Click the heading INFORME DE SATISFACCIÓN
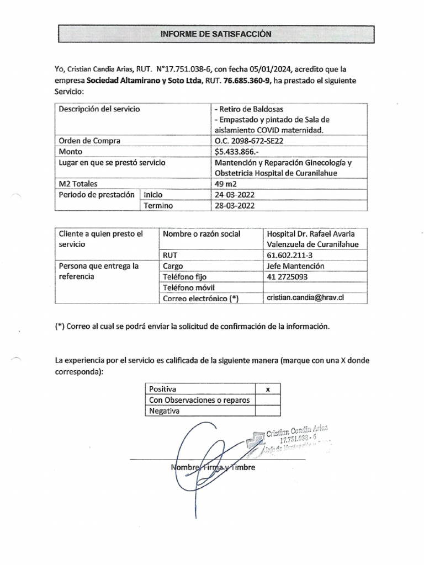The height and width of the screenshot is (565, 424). (x=216, y=34)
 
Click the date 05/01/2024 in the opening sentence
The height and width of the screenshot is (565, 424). (x=269, y=70)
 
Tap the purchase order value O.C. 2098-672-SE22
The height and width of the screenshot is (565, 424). (x=251, y=140)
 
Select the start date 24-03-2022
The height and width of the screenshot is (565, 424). (x=234, y=195)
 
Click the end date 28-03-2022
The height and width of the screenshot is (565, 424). (x=234, y=206)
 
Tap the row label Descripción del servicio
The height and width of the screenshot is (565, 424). (x=99, y=109)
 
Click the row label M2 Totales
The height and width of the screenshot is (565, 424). (x=78, y=184)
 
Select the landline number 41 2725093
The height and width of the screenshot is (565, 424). (x=287, y=276)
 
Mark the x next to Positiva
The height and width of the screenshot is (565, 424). (x=268, y=389)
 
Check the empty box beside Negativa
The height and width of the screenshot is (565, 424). (x=268, y=411)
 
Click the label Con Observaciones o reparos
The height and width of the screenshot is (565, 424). (x=199, y=400)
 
